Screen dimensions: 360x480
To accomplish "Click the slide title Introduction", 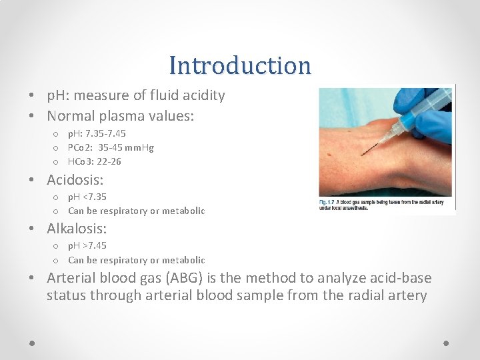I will [240, 65].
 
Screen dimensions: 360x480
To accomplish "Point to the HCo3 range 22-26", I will [107, 161].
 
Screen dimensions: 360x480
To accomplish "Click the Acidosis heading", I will [75, 180].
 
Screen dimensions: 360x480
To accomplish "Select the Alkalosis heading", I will [76, 229].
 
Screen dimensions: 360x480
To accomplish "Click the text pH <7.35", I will [87, 197].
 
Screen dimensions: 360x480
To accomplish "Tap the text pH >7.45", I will [87, 245].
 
